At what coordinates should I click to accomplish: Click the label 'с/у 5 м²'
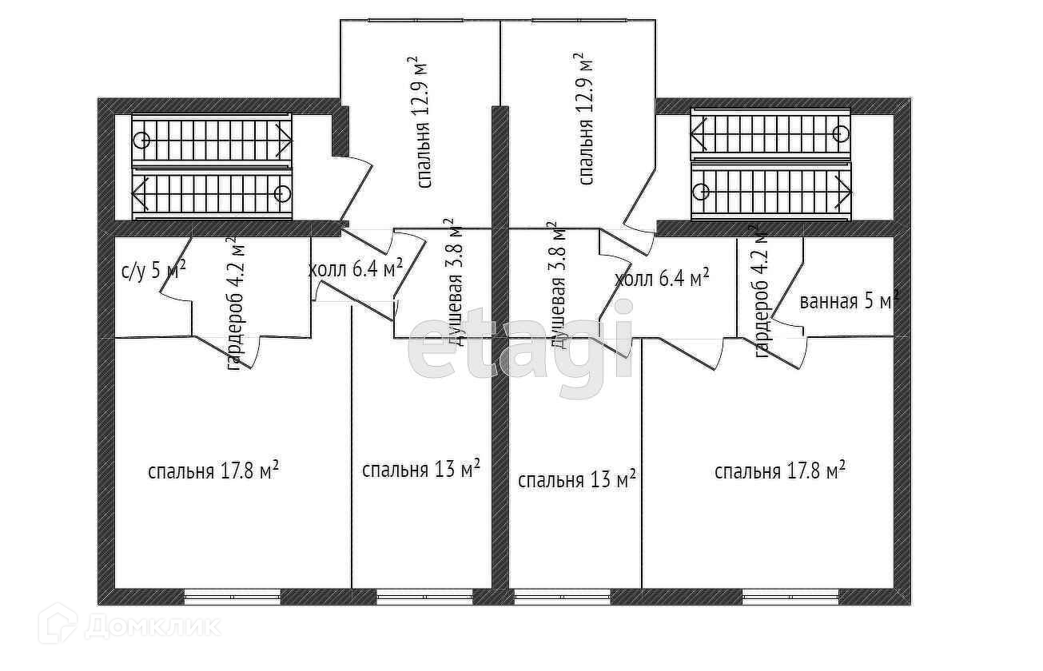click(x=153, y=270)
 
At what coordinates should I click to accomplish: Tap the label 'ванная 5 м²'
click(x=849, y=302)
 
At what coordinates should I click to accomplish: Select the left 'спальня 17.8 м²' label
click(x=213, y=470)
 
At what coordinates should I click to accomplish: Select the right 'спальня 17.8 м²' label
click(x=780, y=470)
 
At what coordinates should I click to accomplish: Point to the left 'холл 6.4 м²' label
click(x=356, y=269)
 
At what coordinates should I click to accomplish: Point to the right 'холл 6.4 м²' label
click(x=663, y=279)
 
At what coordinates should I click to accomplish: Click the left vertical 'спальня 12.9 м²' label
click(x=424, y=121)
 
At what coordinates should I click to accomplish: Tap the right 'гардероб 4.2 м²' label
click(x=762, y=291)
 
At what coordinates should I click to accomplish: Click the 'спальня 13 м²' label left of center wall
click(x=421, y=468)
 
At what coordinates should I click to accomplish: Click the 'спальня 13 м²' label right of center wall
click(x=577, y=479)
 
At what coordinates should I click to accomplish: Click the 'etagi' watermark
click(x=520, y=350)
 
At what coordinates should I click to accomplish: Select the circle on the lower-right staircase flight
click(x=701, y=192)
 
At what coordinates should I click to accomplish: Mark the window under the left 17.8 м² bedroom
click(x=233, y=596)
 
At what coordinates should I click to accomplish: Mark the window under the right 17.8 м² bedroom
click(x=790, y=596)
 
